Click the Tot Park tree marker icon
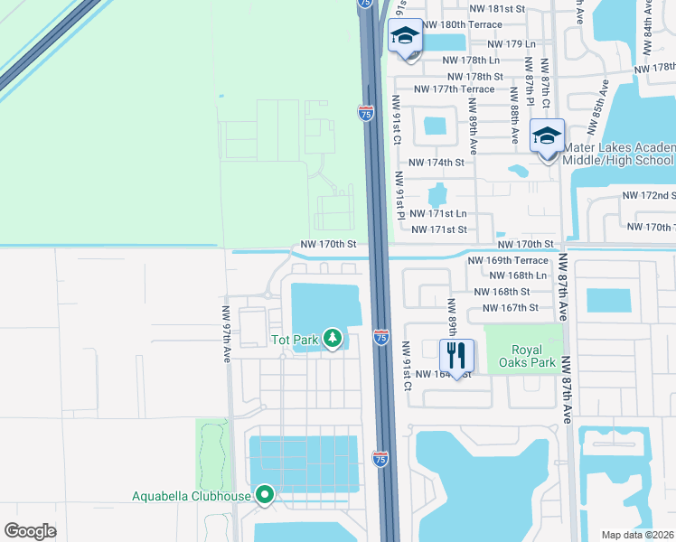pyautogui.click(x=333, y=339)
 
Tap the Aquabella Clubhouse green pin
pyautogui.click(x=265, y=494)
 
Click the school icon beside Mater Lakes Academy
pyautogui.click(x=547, y=135)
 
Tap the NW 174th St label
pyautogui.click(x=436, y=163)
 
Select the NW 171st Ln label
pyautogui.click(x=437, y=214)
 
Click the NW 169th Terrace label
pyautogui.click(x=508, y=260)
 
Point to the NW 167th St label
pyautogui.click(x=511, y=308)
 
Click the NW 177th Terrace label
pyautogui.click(x=454, y=89)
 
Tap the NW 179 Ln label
pyautogui.click(x=512, y=43)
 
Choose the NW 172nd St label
pyautogui.click(x=648, y=195)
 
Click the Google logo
pyautogui.click(x=31, y=531)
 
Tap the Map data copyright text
pyautogui.click(x=638, y=535)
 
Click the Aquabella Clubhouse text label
pyautogui.click(x=191, y=495)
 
